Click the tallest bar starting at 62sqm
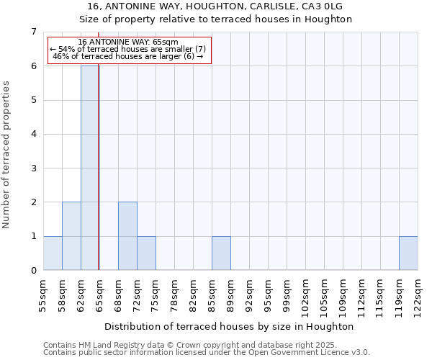pos(90,168)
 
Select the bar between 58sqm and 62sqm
pos(71,236)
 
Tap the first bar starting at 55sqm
pos(53,253)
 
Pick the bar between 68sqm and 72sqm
pos(127,236)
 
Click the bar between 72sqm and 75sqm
pos(146,253)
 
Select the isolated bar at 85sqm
pos(221,253)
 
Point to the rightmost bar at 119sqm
pos(408,253)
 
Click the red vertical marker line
pos(99,180)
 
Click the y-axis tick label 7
pos(33,32)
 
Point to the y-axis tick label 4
pos(33,134)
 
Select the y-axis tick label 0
pos(33,271)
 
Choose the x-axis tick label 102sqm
pos(305,294)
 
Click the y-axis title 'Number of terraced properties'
pos(7,155)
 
